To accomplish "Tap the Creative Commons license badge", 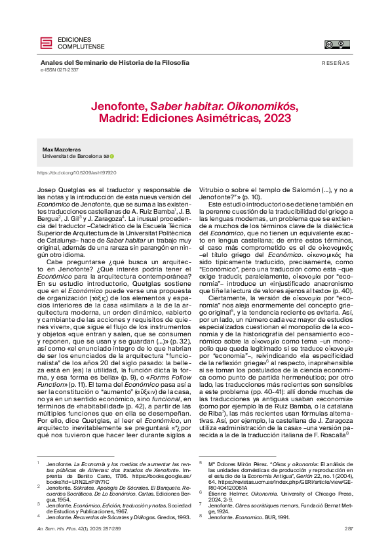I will tap(338, 45).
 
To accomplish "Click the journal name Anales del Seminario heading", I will tap(115, 62).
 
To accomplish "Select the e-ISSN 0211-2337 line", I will tap(60, 69).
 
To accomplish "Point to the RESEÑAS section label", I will tap(336, 62).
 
